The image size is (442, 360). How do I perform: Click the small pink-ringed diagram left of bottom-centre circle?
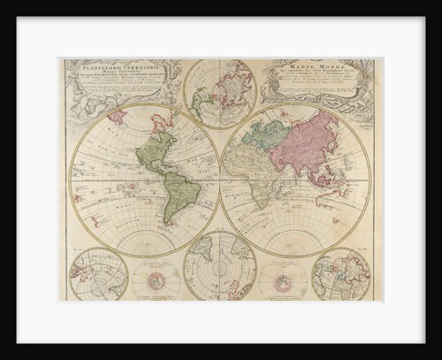pos(157,282)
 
